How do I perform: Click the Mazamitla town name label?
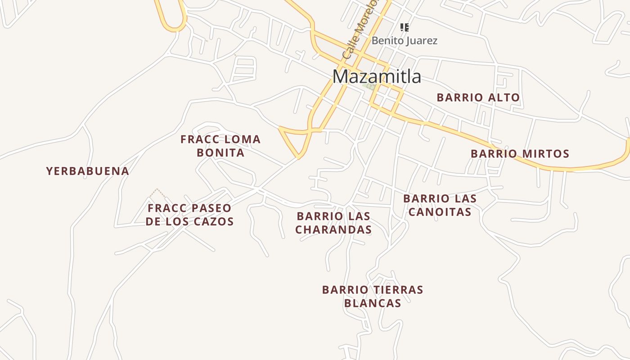[x=377, y=77]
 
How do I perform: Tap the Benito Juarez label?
[x=404, y=40]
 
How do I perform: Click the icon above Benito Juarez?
[x=405, y=27]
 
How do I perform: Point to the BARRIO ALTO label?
[x=478, y=97]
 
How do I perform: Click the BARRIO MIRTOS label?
[x=520, y=154]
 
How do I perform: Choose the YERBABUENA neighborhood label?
[x=88, y=171]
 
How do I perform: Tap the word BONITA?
[x=220, y=153]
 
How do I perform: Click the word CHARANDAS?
[x=333, y=229]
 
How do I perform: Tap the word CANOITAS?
[x=440, y=211]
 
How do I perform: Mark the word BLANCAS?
[x=373, y=303]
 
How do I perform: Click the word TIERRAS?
[x=398, y=290]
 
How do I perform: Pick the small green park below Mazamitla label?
[x=369, y=86]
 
